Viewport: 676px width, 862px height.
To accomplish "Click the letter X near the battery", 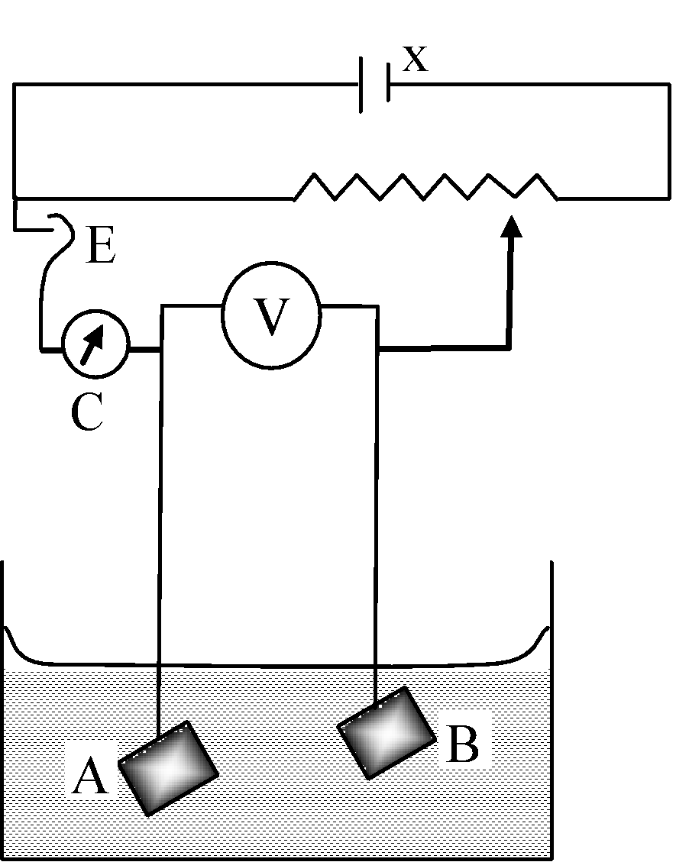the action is (x=415, y=59).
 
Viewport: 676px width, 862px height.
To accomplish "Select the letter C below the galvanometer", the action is (x=87, y=412).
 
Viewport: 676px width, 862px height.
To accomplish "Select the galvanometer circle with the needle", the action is (x=95, y=344).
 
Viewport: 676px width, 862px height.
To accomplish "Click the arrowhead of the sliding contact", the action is (x=512, y=226).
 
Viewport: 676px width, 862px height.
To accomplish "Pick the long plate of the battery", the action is (x=361, y=84).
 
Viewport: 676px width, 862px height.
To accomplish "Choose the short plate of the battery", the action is (x=388, y=83).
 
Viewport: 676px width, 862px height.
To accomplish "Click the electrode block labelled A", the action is (x=168, y=767).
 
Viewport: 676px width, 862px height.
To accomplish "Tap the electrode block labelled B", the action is (x=387, y=732).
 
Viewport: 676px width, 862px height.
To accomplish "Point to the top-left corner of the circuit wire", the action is (x=14, y=84).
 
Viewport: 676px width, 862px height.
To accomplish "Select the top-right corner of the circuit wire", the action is (x=669, y=85).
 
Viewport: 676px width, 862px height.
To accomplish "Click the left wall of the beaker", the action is (x=4, y=709).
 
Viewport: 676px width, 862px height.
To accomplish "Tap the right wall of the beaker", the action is (x=551, y=709).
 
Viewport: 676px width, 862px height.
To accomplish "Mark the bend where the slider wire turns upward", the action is (x=509, y=347).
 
